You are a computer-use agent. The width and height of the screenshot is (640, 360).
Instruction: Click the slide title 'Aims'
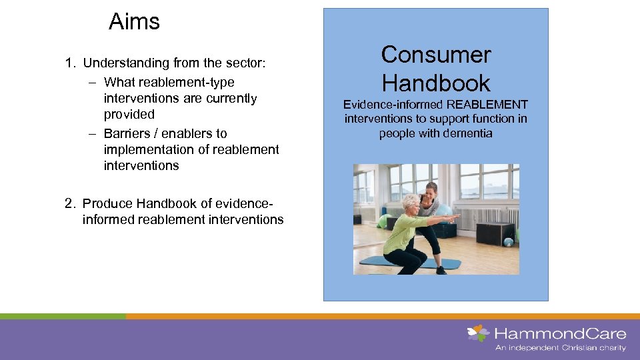134,22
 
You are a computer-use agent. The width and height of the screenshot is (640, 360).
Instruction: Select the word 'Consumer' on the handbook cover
435,55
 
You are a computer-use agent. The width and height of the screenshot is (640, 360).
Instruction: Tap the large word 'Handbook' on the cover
435,83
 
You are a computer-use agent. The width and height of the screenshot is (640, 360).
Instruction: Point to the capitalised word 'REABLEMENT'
487,105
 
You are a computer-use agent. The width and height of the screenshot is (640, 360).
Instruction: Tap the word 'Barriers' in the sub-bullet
128,133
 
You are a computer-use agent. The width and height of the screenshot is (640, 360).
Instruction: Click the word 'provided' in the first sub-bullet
129,114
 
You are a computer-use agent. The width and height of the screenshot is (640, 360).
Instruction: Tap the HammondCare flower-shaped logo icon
478,333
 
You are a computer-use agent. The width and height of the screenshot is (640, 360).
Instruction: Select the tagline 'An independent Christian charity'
560,348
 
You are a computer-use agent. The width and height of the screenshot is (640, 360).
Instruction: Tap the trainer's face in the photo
431,193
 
